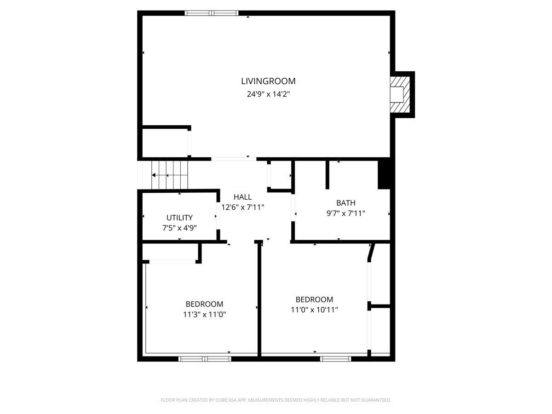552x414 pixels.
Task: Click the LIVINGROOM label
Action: (268, 81)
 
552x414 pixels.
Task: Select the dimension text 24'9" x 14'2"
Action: (268, 94)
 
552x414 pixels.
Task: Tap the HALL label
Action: (242, 197)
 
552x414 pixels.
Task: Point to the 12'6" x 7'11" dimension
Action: (242, 207)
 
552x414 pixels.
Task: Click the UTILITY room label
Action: (179, 218)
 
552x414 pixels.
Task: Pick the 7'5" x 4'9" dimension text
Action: (179, 228)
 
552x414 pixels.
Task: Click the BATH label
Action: (345, 203)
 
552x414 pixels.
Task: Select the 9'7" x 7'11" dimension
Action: (345, 213)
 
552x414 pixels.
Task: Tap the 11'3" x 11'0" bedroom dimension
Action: (204, 315)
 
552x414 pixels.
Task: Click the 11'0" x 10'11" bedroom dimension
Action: (314, 310)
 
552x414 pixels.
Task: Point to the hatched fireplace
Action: (400, 94)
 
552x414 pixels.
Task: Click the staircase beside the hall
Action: (170, 175)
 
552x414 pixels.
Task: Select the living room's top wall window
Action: (212, 13)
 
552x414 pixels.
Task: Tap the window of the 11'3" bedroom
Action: (205, 359)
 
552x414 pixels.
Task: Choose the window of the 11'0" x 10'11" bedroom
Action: (335, 359)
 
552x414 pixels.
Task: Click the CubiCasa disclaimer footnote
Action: (276, 400)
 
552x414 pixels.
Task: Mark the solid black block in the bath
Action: (384, 175)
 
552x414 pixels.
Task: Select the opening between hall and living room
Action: (234, 159)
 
